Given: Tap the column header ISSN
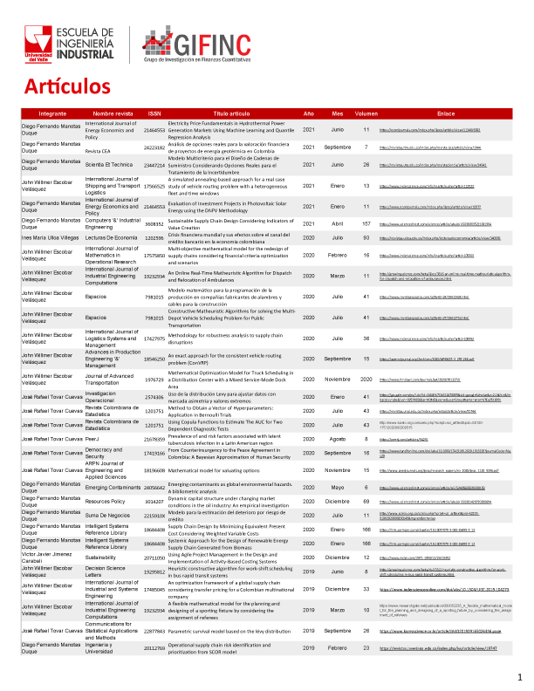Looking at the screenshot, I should pos(154,114).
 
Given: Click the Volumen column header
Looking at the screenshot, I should pos(366,114).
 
